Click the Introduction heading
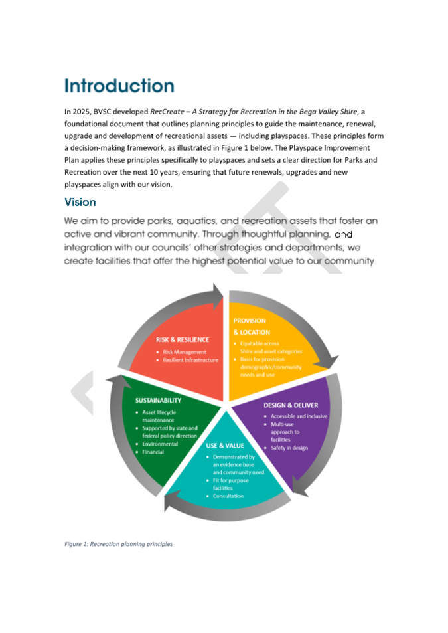[119, 86]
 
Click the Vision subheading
[80, 201]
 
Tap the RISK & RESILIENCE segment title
[182, 339]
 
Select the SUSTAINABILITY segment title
[158, 401]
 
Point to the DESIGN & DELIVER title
[291, 405]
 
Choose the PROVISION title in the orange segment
[250, 321]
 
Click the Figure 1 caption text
[118, 544]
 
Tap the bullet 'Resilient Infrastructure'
[190, 360]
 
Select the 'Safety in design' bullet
[289, 448]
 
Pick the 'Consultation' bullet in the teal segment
[228, 496]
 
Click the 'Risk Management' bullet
[185, 352]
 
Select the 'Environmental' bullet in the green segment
[160, 444]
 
